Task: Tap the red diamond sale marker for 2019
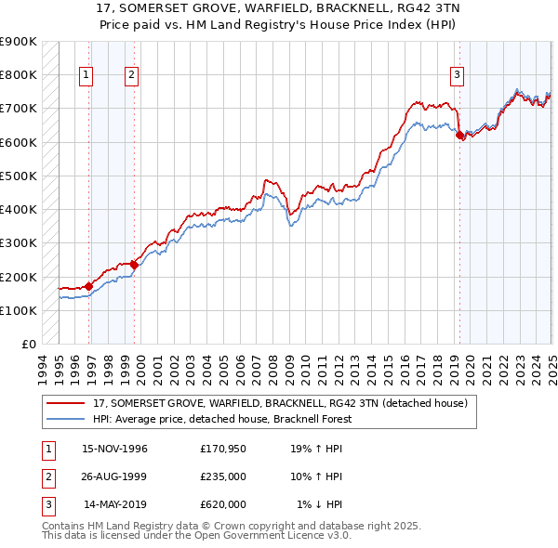coord(459,135)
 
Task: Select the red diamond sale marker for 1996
coord(89,286)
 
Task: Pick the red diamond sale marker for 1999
coord(134,265)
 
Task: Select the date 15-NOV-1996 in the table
coord(115,449)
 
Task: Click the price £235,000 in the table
coord(223,476)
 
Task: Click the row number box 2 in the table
coord(47,476)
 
